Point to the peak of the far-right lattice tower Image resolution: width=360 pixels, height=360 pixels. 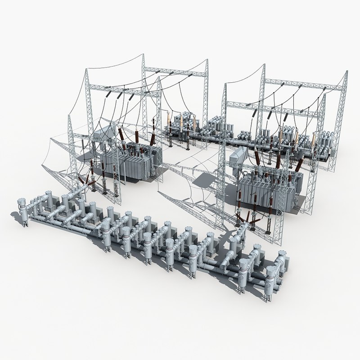point(347,72)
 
